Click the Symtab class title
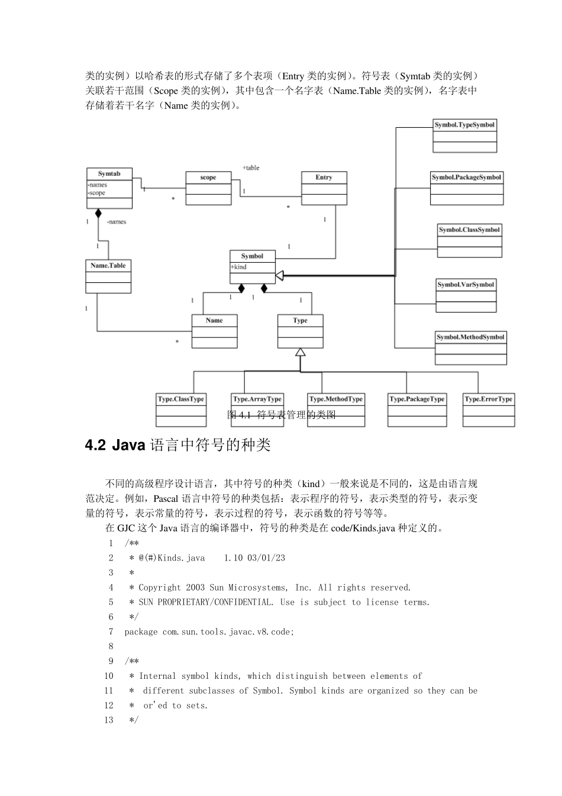click(x=109, y=174)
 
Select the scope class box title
click(x=208, y=178)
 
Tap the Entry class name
click(x=324, y=178)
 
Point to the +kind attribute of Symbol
click(x=239, y=267)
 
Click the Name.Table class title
click(x=108, y=266)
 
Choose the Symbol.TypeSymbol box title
click(x=464, y=125)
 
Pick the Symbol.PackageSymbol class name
click(x=466, y=177)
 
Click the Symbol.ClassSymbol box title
click(x=469, y=230)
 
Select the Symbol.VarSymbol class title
click(x=466, y=285)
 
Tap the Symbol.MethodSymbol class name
click(x=470, y=337)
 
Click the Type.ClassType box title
click(x=181, y=399)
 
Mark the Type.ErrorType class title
click(x=489, y=399)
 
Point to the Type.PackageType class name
click(x=416, y=399)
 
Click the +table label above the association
click(x=251, y=167)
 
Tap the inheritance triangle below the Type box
click(x=301, y=352)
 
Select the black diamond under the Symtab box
click(x=98, y=212)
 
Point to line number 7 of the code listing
click(x=111, y=631)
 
